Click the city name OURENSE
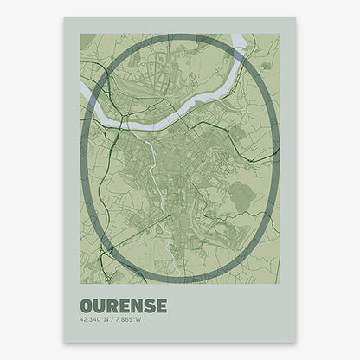point(123,307)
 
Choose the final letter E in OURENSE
point(159,307)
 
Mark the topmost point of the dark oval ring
point(180,36)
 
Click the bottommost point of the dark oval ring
point(180,281)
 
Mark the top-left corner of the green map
point(80,35)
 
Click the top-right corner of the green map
point(280,35)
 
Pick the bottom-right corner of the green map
point(280,284)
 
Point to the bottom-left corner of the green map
point(80,284)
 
